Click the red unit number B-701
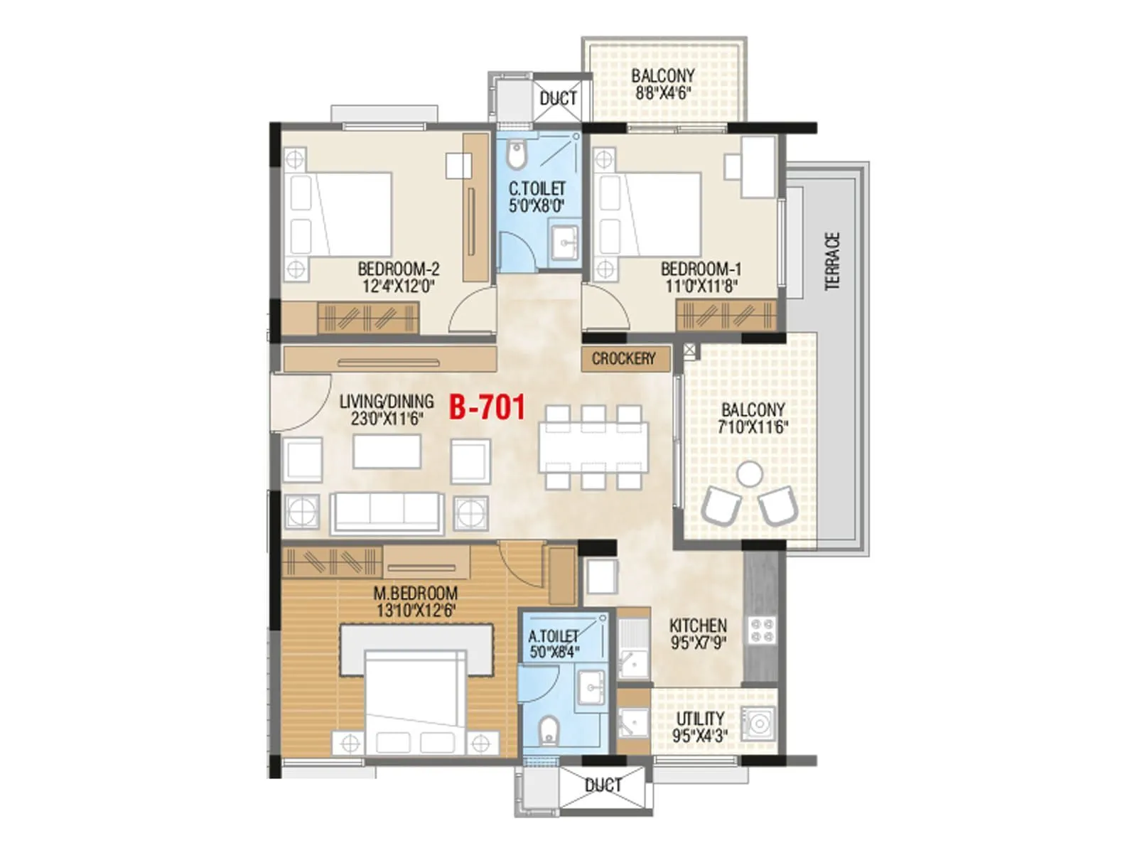[x=487, y=408]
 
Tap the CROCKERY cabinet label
[x=623, y=359]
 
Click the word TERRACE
[x=832, y=261]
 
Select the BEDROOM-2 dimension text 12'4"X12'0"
[x=398, y=286]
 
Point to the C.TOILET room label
[x=537, y=189]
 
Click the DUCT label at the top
[x=558, y=99]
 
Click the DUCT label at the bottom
[x=603, y=785]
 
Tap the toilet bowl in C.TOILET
[x=517, y=154]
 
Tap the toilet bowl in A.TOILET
[x=547, y=731]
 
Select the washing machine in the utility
[x=758, y=724]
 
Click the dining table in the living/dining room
[x=593, y=446]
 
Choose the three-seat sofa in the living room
[x=387, y=512]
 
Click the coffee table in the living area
[x=387, y=452]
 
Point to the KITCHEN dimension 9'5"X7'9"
[x=698, y=644]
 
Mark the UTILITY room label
[x=700, y=719]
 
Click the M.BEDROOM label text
[x=416, y=593]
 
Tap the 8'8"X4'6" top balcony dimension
[x=662, y=92]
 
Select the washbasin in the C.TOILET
[x=566, y=242]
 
